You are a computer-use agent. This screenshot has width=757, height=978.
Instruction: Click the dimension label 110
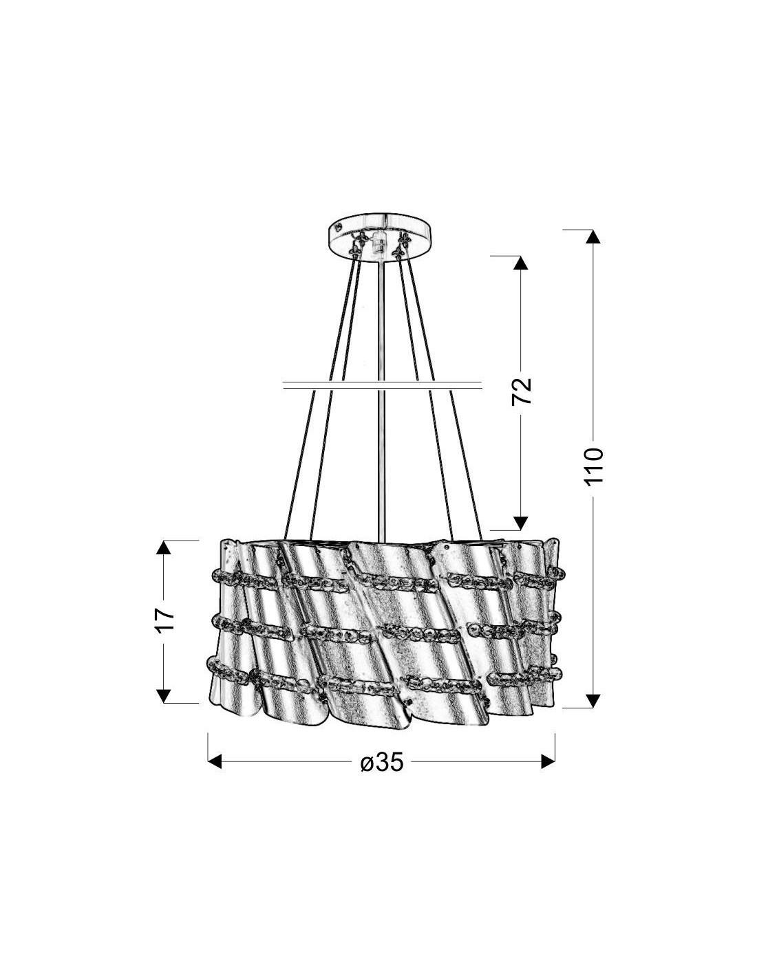click(593, 466)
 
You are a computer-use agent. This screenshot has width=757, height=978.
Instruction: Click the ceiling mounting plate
click(381, 237)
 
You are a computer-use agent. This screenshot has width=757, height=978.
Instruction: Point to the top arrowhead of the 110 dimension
click(593, 237)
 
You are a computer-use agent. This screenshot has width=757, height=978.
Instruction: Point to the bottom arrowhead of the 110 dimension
click(593, 701)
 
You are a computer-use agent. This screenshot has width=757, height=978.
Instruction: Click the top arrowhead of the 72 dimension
click(521, 263)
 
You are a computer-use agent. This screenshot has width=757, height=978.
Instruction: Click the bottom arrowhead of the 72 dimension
click(521, 523)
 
